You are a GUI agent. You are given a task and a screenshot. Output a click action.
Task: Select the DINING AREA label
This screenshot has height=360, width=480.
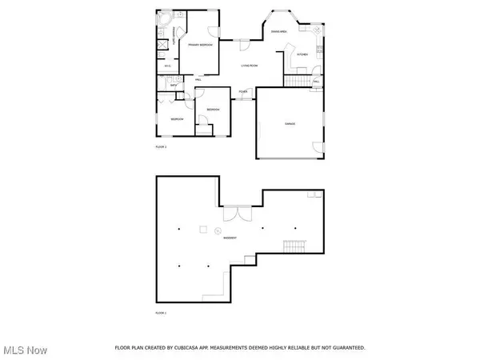click(x=279, y=31)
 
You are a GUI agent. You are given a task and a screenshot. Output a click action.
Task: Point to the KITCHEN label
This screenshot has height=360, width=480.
click(x=302, y=54)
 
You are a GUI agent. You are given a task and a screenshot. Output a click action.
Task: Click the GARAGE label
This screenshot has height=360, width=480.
click(x=290, y=124)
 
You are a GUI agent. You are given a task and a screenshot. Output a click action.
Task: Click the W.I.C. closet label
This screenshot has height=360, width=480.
click(x=168, y=66)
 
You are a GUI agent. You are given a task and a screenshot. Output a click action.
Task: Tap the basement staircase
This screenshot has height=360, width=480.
click(x=295, y=246)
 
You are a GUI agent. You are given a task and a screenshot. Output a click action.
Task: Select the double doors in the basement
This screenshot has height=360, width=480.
click(x=233, y=214)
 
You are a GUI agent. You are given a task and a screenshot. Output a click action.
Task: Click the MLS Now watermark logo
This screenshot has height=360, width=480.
click(x=25, y=350)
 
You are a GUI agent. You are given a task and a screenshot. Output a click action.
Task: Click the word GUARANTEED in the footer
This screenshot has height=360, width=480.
click(x=348, y=348)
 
